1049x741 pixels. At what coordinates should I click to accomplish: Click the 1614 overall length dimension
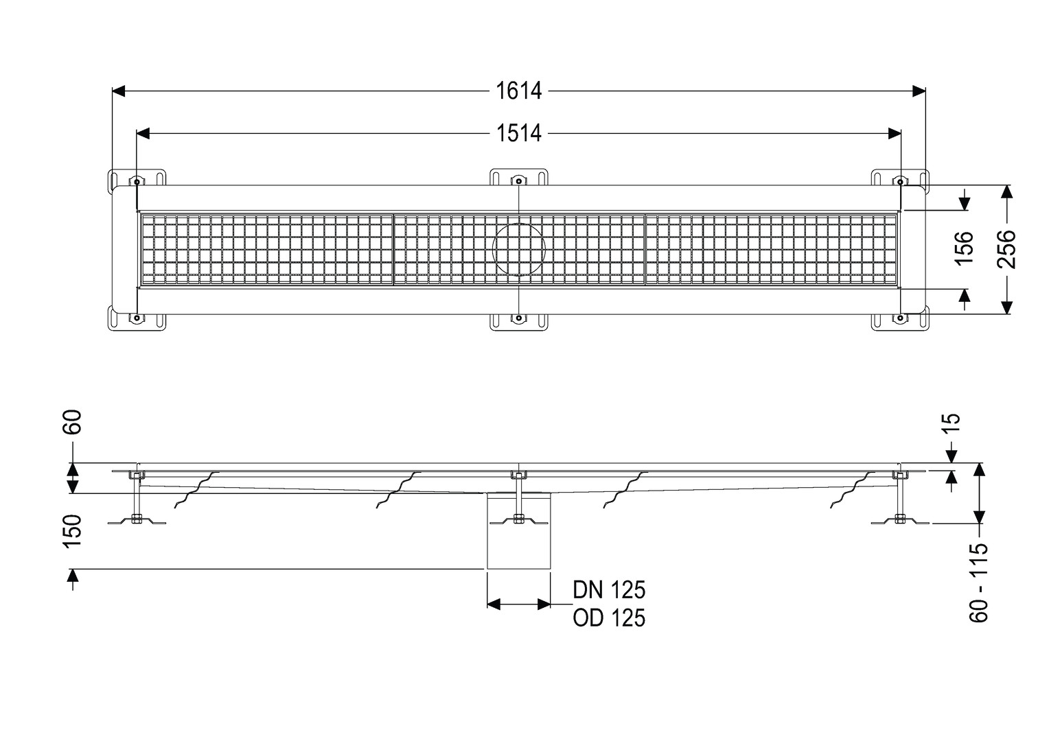click(518, 91)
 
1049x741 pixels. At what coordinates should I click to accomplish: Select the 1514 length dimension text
click(518, 134)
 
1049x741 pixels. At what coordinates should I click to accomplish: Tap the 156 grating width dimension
click(965, 248)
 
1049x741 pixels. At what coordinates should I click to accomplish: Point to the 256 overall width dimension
click(1006, 249)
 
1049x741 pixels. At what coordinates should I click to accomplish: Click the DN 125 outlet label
click(609, 590)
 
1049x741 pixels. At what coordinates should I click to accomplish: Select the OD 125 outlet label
click(609, 618)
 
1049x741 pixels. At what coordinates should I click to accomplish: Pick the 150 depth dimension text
click(72, 531)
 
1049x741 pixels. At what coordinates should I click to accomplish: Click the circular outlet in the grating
click(518, 250)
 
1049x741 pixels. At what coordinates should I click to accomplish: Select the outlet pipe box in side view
click(518, 531)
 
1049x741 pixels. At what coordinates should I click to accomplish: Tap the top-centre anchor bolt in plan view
click(518, 181)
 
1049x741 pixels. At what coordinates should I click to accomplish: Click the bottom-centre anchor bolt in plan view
click(518, 318)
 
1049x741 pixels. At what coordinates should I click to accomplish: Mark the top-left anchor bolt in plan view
click(137, 181)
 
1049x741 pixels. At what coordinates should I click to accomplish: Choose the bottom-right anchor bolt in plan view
click(900, 318)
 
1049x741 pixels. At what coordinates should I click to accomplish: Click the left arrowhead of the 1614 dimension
click(119, 91)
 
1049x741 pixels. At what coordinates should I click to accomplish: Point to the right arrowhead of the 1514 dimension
click(895, 134)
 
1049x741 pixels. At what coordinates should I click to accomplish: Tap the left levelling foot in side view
click(137, 520)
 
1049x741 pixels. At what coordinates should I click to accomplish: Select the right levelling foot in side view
click(900, 520)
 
